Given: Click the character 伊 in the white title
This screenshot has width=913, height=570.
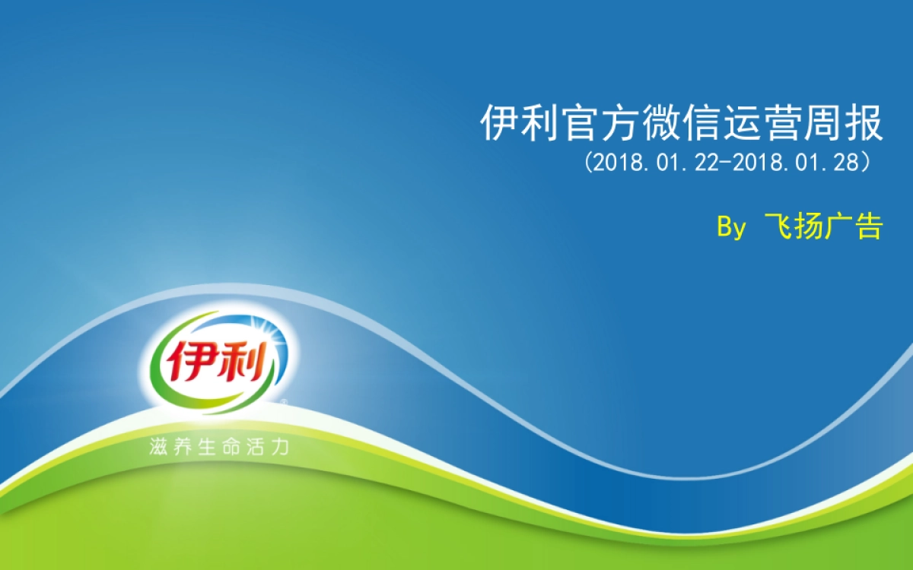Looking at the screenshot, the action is (500, 123).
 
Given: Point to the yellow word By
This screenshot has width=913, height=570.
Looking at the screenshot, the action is (732, 227).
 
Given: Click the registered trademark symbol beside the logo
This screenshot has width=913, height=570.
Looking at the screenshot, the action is (284, 402).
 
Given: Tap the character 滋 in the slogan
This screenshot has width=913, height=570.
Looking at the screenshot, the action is (158, 447).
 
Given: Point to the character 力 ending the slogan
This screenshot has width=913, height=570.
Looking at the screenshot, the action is (280, 447).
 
